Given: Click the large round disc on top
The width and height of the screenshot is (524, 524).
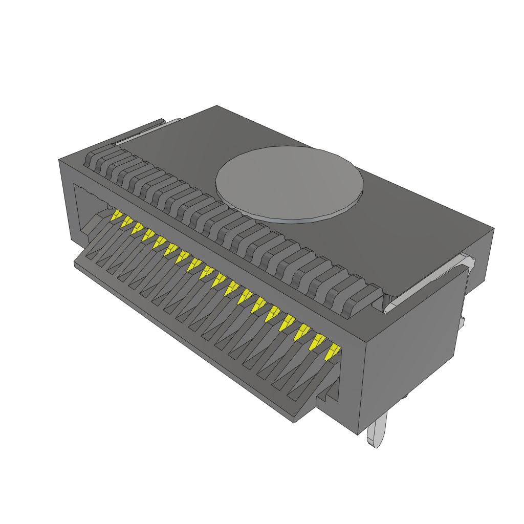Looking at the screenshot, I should point(289,181).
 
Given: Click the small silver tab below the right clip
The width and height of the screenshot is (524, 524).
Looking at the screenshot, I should point(462,322).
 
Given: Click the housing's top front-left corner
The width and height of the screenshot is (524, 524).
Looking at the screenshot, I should point(60,160).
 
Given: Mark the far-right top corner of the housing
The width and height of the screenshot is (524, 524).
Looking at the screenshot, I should point(493,229).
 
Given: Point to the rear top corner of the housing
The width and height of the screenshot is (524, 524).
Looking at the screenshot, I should point(217,106).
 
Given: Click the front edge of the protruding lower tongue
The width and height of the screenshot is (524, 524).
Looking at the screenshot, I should point(184,343).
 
